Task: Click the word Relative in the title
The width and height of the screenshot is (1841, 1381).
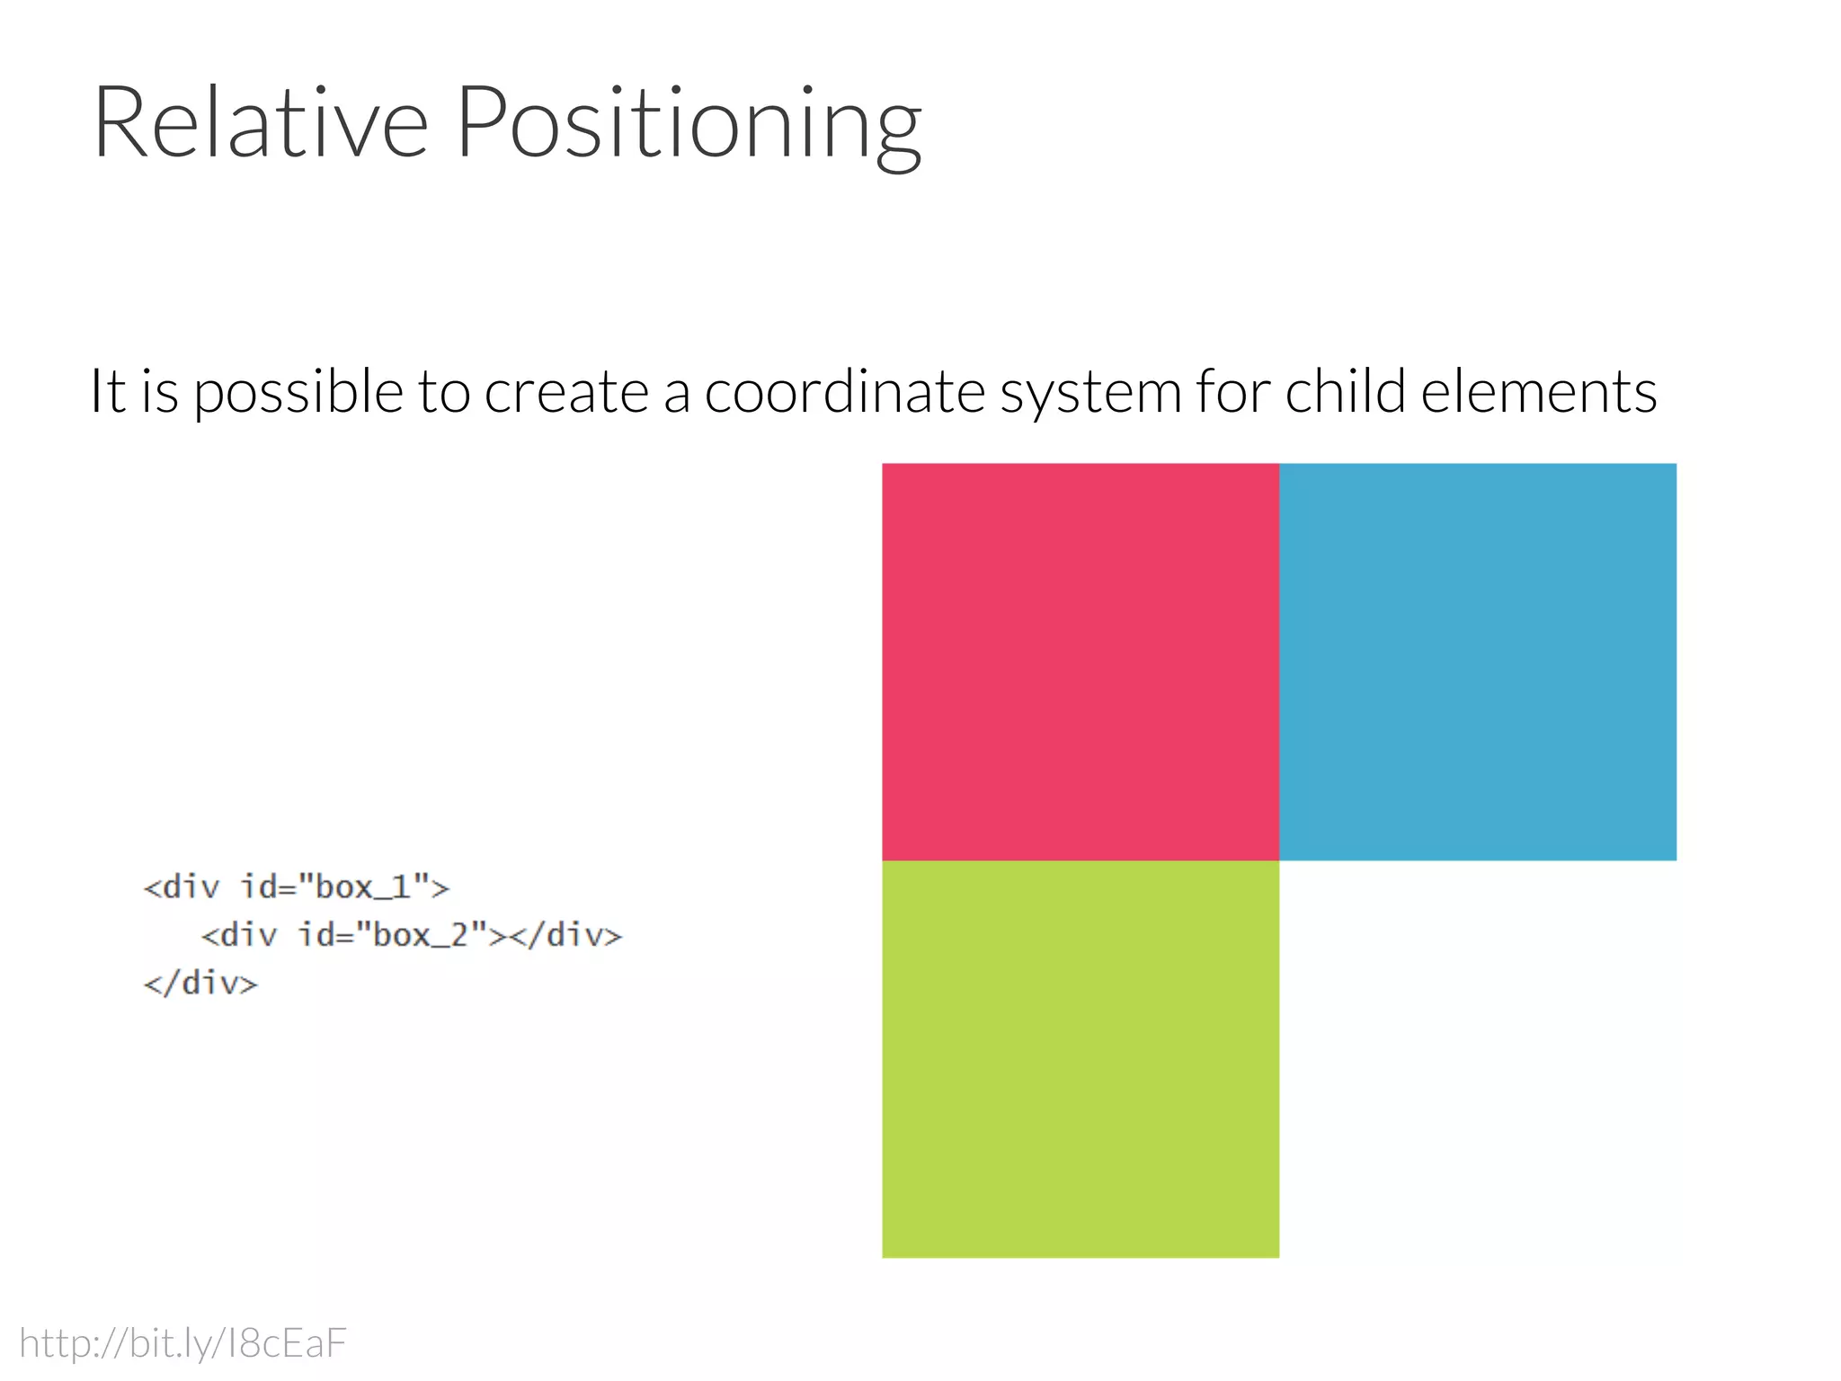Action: [x=261, y=123]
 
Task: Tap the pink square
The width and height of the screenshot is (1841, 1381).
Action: [x=1080, y=662]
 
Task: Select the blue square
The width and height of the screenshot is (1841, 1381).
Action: [x=1477, y=662]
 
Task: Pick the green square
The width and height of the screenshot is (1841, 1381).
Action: [x=1080, y=1058]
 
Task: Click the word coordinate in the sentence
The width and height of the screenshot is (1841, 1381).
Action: [x=845, y=392]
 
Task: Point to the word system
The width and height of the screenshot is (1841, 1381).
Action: [x=1090, y=394]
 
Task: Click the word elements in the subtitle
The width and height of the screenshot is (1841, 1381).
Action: [x=1539, y=392]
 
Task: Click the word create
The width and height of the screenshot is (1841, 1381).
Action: [x=566, y=392]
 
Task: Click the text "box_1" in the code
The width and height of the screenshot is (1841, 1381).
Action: [x=362, y=887]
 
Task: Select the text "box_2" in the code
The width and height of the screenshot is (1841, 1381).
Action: [x=421, y=935]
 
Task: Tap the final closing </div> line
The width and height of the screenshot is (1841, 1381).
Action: [x=200, y=983]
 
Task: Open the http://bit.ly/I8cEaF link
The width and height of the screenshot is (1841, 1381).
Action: [x=182, y=1343]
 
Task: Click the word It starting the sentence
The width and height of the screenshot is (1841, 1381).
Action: [x=108, y=392]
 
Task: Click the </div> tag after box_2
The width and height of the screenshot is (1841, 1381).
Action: [x=565, y=935]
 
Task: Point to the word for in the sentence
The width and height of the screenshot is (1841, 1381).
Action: [x=1232, y=392]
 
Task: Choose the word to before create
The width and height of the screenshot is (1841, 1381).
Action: [x=444, y=392]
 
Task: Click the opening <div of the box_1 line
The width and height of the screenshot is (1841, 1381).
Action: [x=182, y=887]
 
